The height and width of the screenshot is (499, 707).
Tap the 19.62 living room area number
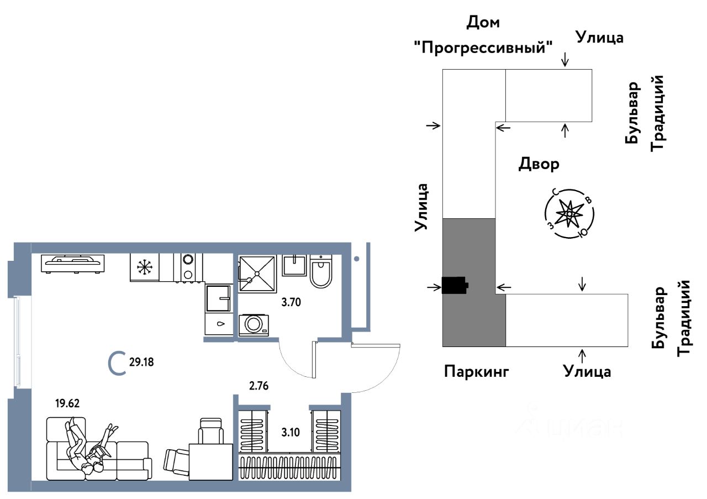coord(67,403)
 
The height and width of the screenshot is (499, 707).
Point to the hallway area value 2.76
coord(258,385)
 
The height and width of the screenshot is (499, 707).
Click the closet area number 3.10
coord(291,433)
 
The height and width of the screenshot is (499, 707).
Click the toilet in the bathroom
coord(320,271)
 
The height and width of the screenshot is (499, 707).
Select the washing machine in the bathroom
coord(254,324)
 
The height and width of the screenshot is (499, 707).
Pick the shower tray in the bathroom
coord(257,274)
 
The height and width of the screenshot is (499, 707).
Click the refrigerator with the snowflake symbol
coord(145,267)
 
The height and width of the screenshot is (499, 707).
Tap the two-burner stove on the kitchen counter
coord(188,267)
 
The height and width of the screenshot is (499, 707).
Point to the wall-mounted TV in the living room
coord(72,262)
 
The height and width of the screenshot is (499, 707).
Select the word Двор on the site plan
coord(539,164)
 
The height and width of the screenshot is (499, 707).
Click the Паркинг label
coord(476,371)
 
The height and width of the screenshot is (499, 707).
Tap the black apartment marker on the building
coord(455,286)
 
